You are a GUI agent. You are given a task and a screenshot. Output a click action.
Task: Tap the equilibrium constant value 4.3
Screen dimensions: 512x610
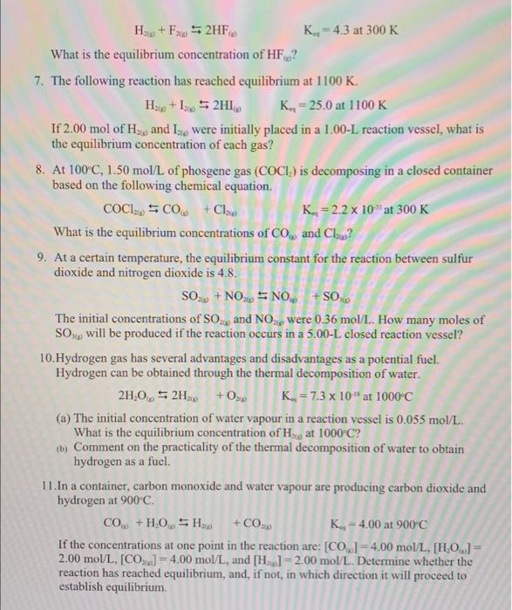pos(358,31)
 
